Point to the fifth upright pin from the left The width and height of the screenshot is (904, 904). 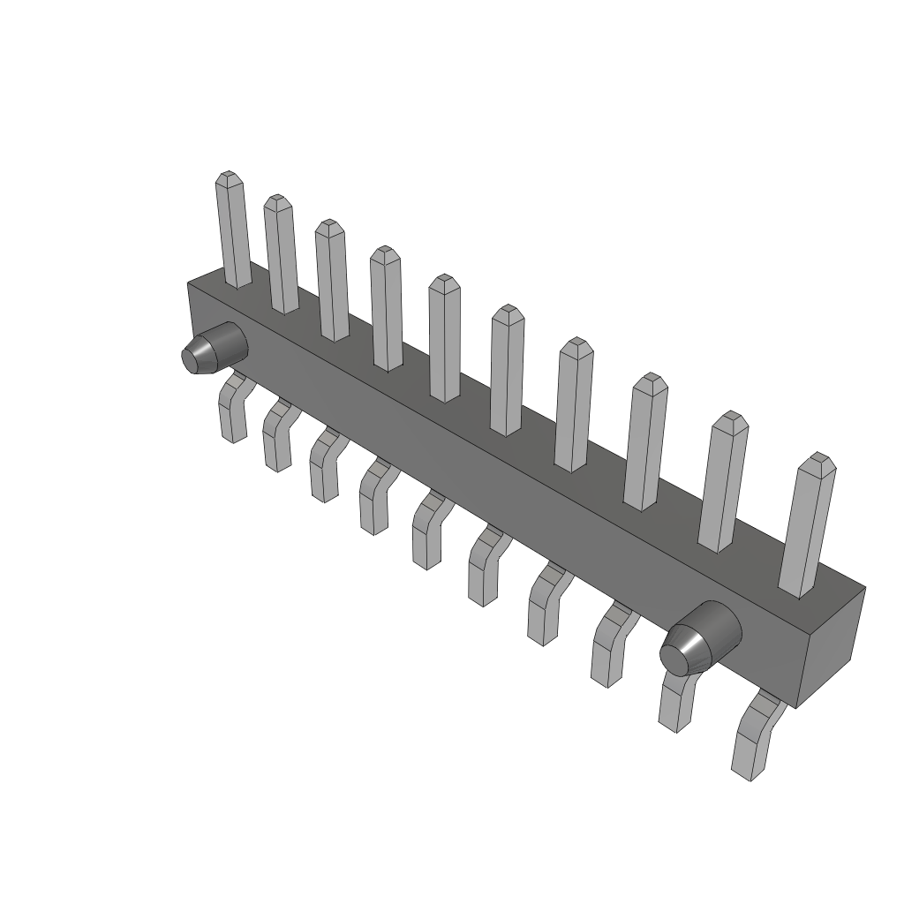coord(445,340)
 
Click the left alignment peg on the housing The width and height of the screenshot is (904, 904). coord(212,350)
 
